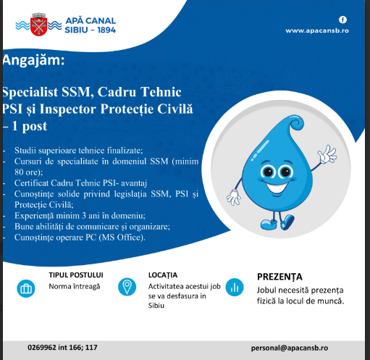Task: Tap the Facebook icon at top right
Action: pos(342,19)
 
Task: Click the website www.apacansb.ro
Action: pos(317,31)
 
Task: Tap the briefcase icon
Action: pos(26,288)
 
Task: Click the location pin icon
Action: pos(127,287)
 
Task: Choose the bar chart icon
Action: pos(235,288)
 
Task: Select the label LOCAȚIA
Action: pos(163,275)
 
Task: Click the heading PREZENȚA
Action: pos(285,276)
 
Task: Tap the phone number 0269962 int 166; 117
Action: pos(63,348)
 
